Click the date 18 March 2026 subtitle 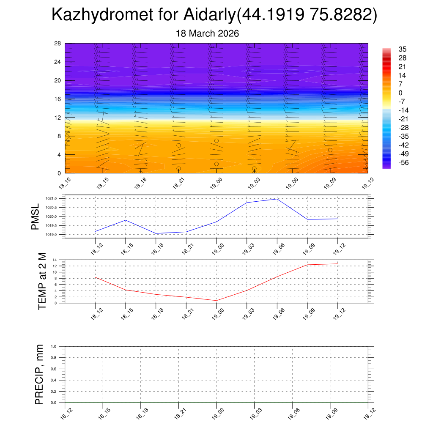click(207, 33)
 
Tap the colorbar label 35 click(402, 49)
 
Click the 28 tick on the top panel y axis click(58, 44)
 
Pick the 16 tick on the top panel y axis click(58, 99)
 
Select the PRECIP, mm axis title click(39, 375)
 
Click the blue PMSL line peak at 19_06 click(277, 199)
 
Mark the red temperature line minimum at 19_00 click(216, 301)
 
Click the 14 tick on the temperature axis click(55, 260)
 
